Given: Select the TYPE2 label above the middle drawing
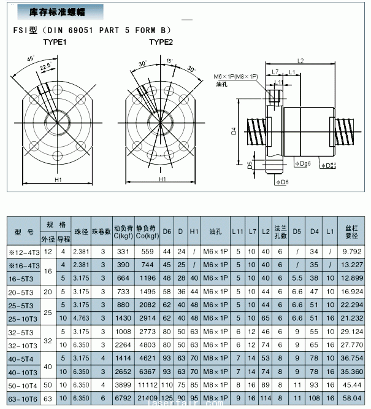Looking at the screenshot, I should [161, 42].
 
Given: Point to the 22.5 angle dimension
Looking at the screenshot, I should [45, 66].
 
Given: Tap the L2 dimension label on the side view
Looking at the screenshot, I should [300, 61].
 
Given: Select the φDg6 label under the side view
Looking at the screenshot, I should [302, 163].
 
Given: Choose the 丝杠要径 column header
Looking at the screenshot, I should [351, 232].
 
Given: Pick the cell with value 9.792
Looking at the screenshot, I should [351, 251].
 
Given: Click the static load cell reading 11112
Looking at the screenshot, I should [148, 385].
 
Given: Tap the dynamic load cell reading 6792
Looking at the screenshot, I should [123, 398].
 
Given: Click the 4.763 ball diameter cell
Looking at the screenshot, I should [81, 318].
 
